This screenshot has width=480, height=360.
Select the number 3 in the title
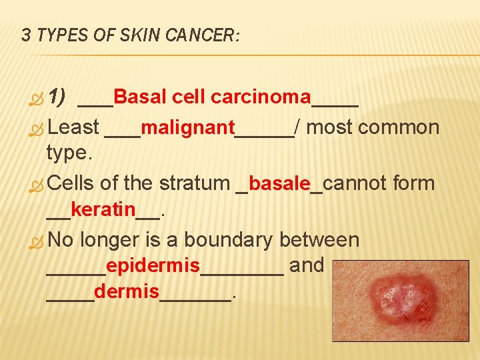[x=26, y=35]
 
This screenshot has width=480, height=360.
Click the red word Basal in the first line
[x=140, y=98]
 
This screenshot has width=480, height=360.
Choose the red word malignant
[x=188, y=127]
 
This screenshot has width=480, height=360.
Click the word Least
[x=74, y=127]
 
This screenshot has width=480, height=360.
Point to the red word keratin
[x=103, y=211]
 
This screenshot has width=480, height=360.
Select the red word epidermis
[x=153, y=267]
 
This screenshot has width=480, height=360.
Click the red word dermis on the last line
[x=127, y=292]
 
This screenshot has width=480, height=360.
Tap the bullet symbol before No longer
[x=36, y=241]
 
